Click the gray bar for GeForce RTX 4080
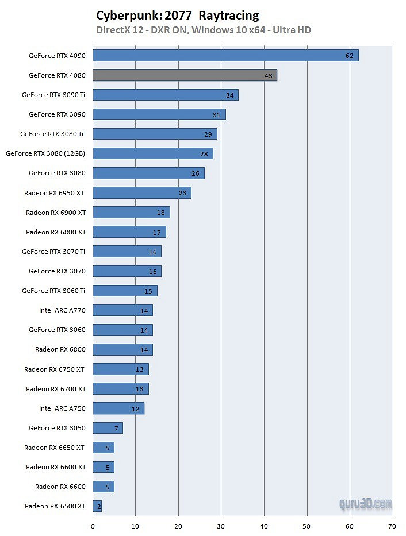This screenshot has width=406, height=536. tap(185, 75)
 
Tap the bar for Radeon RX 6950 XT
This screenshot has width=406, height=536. tap(141, 193)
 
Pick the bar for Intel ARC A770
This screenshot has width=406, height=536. tap(122, 310)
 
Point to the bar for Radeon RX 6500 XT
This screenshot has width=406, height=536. tap(97, 506)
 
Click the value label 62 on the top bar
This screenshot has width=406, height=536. tap(349, 56)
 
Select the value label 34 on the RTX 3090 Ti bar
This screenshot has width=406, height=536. tap(229, 95)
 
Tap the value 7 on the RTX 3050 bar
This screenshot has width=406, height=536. tap(116, 429)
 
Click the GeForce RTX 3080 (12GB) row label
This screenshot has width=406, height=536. tap(45, 153)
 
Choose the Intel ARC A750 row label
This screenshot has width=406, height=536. tap(62, 408)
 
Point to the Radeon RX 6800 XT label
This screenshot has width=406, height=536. tap(56, 232)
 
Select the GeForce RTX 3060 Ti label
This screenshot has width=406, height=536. tap(53, 291)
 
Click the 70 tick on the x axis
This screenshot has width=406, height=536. tap(392, 525)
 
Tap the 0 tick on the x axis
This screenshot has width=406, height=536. tap(93, 525)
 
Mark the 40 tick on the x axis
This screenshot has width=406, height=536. tap(264, 525)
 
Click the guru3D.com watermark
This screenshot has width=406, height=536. tap(365, 504)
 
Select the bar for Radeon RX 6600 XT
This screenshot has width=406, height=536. tap(104, 467)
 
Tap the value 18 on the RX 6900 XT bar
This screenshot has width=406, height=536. tap(160, 213)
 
